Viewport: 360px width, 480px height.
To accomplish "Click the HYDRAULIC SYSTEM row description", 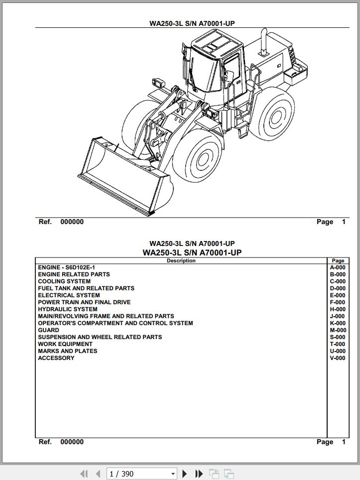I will pyautogui.click(x=68, y=309).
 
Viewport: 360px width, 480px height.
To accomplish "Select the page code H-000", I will pyautogui.click(x=337, y=309).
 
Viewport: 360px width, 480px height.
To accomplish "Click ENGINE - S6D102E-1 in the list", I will pyautogui.click(x=66, y=267).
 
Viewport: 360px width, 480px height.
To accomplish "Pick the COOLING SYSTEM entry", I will pyautogui.click(x=64, y=281).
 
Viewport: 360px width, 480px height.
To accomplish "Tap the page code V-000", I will pyautogui.click(x=337, y=358).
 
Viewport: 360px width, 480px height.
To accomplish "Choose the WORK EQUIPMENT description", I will pyautogui.click(x=65, y=344).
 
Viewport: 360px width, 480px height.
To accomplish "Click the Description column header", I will pyautogui.click(x=181, y=260).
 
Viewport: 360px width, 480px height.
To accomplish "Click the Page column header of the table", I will pyautogui.click(x=338, y=260).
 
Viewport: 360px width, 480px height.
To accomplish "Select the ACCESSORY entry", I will pyautogui.click(x=56, y=358).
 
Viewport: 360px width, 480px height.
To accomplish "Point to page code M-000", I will pyautogui.click(x=338, y=330).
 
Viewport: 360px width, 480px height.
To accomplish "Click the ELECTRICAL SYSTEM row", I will pyautogui.click(x=69, y=295).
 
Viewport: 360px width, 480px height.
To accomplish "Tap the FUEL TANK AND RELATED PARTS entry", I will pyautogui.click(x=86, y=288).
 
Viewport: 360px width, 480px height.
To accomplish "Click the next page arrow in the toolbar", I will pyautogui.click(x=185, y=474).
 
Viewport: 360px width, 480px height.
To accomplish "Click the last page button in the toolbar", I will pyautogui.click(x=199, y=474).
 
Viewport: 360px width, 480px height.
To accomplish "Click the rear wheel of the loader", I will pyautogui.click(x=273, y=115).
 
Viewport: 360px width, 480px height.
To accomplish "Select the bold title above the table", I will pyautogui.click(x=192, y=252).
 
